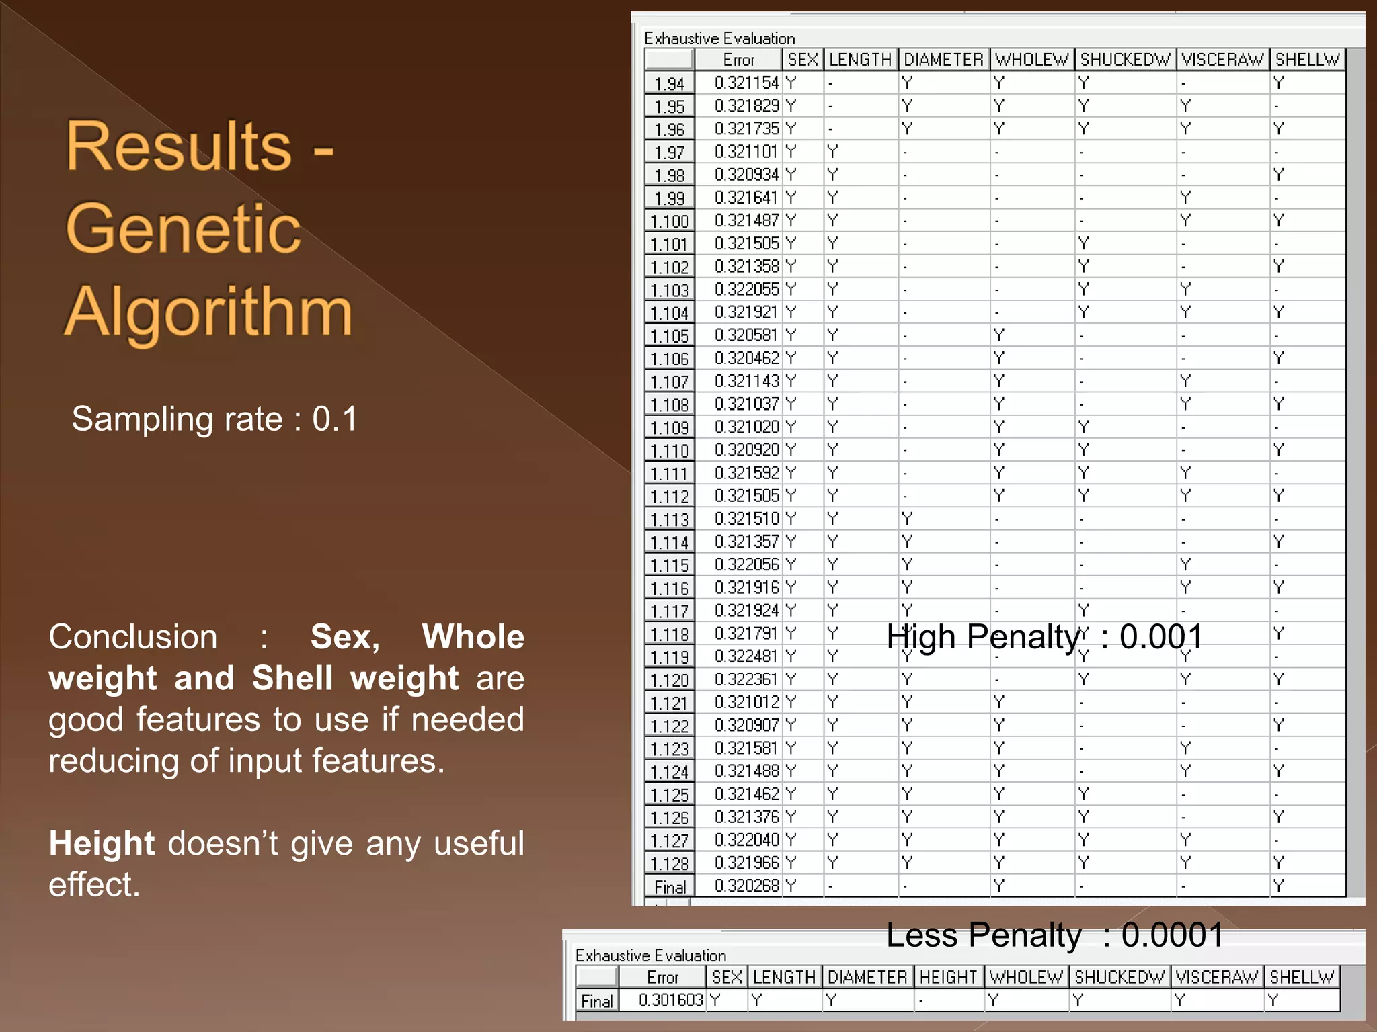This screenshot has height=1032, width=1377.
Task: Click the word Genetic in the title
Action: point(184,229)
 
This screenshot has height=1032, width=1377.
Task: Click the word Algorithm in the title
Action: point(208,311)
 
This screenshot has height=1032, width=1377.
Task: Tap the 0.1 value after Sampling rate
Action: point(335,419)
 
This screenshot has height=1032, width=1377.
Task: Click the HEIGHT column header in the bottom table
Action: point(948,977)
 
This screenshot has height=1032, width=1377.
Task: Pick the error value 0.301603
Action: point(670,1000)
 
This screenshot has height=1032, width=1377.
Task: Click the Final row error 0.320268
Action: point(746,886)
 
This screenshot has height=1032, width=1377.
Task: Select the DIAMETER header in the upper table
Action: point(943,60)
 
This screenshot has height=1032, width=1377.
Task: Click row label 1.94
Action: point(670,84)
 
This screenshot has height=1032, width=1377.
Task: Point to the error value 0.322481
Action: point(746,656)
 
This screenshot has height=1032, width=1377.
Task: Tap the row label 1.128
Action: point(670,863)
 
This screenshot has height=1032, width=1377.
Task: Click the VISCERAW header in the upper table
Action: point(1222,60)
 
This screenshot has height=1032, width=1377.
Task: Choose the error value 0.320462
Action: point(746,358)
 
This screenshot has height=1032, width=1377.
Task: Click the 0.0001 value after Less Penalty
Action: point(1172,935)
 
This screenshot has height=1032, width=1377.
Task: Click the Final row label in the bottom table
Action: point(597,1001)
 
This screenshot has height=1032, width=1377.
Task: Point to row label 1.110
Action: point(670,451)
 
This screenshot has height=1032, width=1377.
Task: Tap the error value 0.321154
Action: point(746,83)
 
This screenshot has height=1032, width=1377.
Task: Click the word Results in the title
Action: point(179,146)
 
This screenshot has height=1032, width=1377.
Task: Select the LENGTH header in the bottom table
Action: point(784,977)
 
